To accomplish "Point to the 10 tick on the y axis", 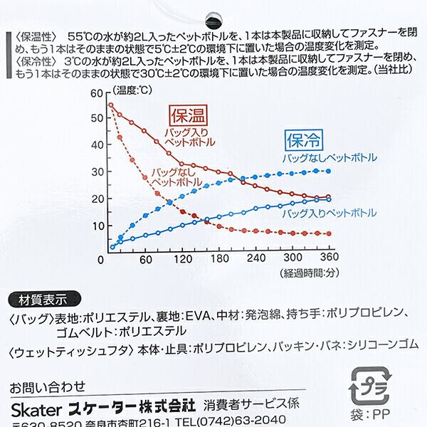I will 97,225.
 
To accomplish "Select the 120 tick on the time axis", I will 184,259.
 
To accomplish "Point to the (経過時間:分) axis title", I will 299,273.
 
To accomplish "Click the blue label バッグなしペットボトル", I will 328,157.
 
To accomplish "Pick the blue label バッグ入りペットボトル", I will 328,213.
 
